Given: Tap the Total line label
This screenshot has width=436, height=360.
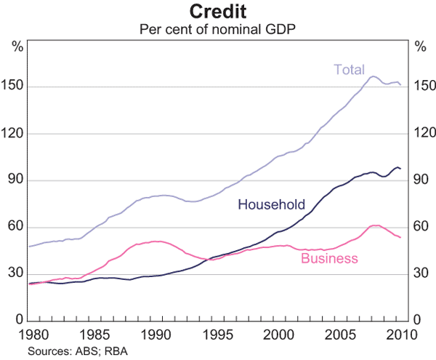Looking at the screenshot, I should [348, 70].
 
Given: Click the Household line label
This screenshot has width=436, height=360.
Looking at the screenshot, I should [271, 204].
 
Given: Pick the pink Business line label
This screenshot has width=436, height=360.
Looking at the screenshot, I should [329, 258].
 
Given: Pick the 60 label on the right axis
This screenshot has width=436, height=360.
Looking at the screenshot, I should [421, 227].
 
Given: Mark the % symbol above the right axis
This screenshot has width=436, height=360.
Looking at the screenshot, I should [420, 47].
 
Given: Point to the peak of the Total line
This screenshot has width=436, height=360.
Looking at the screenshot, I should [374, 76].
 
